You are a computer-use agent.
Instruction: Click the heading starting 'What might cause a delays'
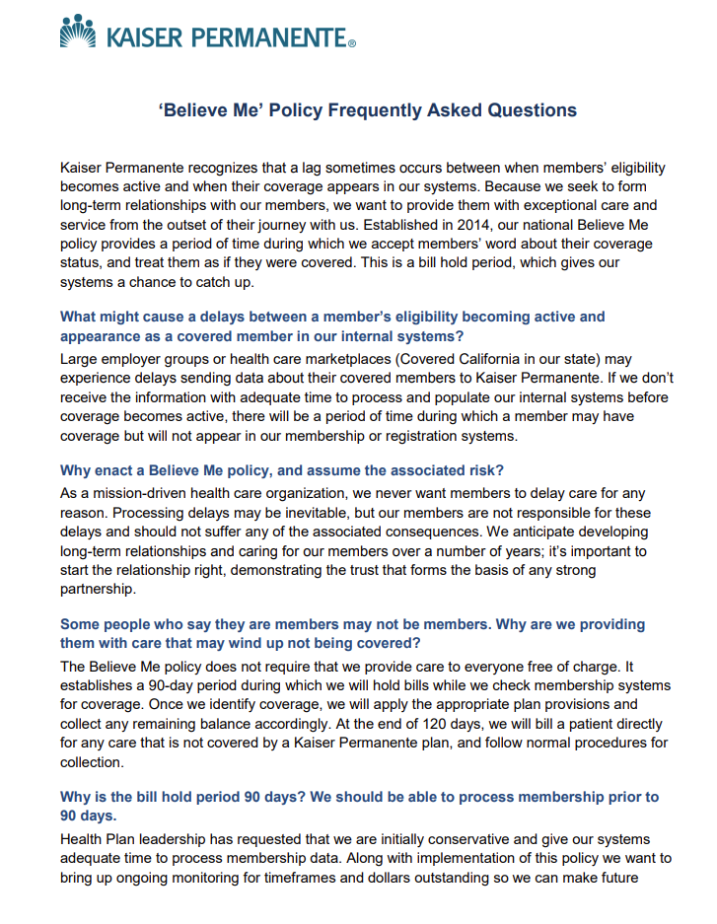pyautogui.click(x=332, y=325)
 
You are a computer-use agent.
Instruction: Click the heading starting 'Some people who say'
pyautogui.click(x=352, y=633)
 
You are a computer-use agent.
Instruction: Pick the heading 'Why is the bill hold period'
pyautogui.click(x=359, y=805)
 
